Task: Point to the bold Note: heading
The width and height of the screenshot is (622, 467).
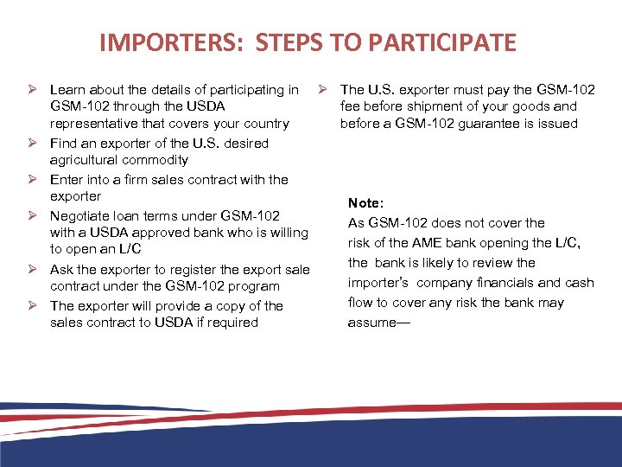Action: tap(365, 202)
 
